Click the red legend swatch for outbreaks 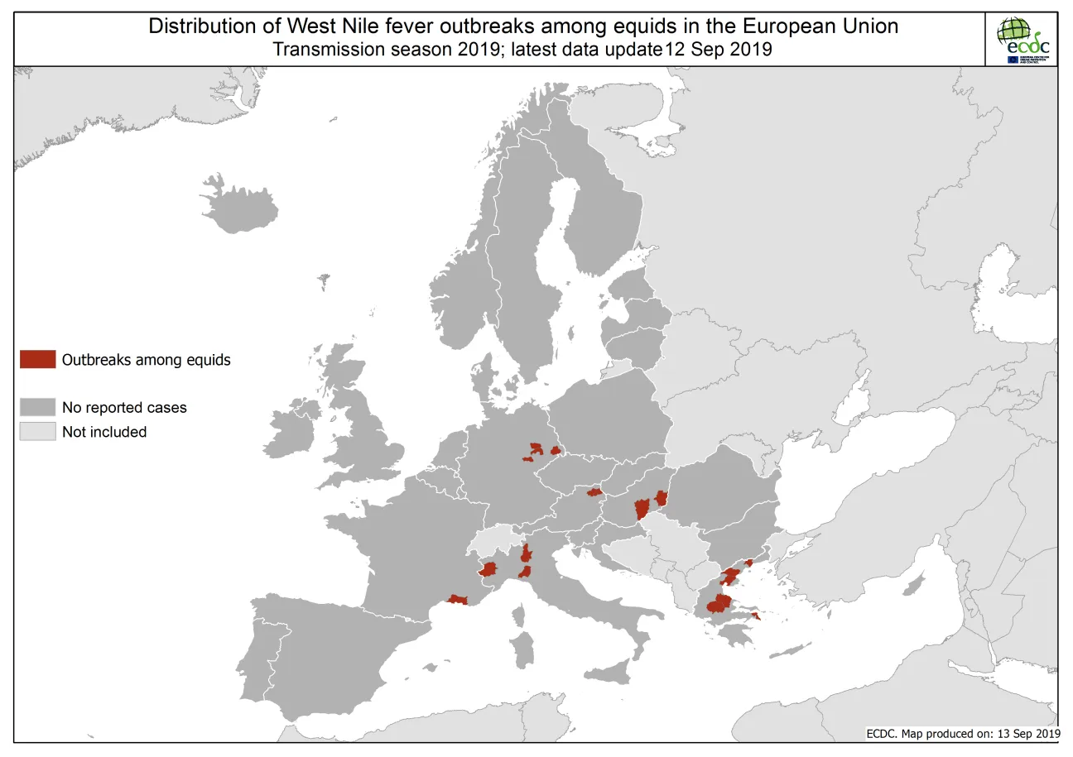(x=38, y=359)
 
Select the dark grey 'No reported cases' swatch (x=38, y=407)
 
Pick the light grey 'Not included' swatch (x=38, y=431)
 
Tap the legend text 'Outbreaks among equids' (x=146, y=360)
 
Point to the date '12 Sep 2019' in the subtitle (x=719, y=50)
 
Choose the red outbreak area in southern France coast (x=457, y=599)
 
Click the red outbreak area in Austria (x=594, y=492)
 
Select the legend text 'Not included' (x=103, y=432)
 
